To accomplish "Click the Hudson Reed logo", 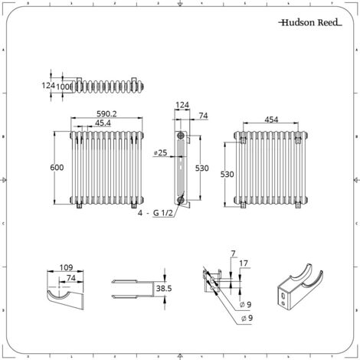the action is point(310,22).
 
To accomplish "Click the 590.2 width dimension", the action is point(106,114).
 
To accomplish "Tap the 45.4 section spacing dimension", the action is point(103,123).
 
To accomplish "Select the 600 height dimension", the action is point(57,168).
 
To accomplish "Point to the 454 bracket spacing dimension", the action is point(271,119).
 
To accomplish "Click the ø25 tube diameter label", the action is point(161,153).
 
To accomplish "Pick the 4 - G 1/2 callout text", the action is point(155,213).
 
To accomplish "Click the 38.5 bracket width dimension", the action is point(164,289).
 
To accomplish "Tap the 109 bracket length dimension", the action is point(66,267).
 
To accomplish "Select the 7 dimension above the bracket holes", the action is point(233,254).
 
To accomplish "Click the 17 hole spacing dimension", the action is point(244,263).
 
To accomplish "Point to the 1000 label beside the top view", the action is point(63,87).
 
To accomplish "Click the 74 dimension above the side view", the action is point(203,116).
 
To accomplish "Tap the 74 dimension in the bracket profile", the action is point(70,278).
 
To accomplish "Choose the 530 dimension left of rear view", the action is point(227,174).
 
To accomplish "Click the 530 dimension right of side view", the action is point(201,169).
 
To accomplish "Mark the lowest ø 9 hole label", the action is point(247,318).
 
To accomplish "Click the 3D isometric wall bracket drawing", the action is point(299,285).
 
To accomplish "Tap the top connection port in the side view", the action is point(181,136).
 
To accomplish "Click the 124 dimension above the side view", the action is point(182,105).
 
